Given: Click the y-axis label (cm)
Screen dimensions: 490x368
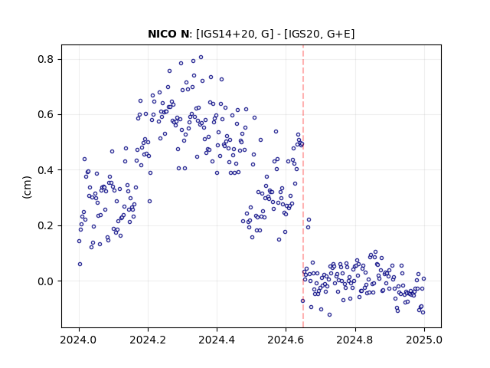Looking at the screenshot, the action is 28,187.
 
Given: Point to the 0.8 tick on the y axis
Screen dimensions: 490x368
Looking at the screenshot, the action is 46,59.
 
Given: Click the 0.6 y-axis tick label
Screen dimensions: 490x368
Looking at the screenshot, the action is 46,114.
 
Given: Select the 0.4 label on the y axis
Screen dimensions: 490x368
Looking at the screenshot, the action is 46,170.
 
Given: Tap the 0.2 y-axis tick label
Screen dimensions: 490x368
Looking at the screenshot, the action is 46,225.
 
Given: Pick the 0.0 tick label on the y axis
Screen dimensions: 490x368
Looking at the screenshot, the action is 46,281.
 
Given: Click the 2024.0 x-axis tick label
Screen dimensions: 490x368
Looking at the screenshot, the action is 79,340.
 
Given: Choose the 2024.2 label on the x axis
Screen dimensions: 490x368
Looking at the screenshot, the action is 148,340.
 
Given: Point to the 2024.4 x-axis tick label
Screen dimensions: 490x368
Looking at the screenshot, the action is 217,340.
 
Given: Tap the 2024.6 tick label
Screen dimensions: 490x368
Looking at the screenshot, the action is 286,340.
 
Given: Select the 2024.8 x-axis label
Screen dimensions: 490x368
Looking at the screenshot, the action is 355,340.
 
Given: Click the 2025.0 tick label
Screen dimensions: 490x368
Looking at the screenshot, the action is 424,340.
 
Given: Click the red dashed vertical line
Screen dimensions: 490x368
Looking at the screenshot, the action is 303,186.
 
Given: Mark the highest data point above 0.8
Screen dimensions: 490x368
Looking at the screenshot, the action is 201,58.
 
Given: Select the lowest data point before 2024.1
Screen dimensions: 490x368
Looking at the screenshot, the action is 80,264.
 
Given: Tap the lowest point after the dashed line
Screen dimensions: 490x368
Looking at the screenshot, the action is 329,314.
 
